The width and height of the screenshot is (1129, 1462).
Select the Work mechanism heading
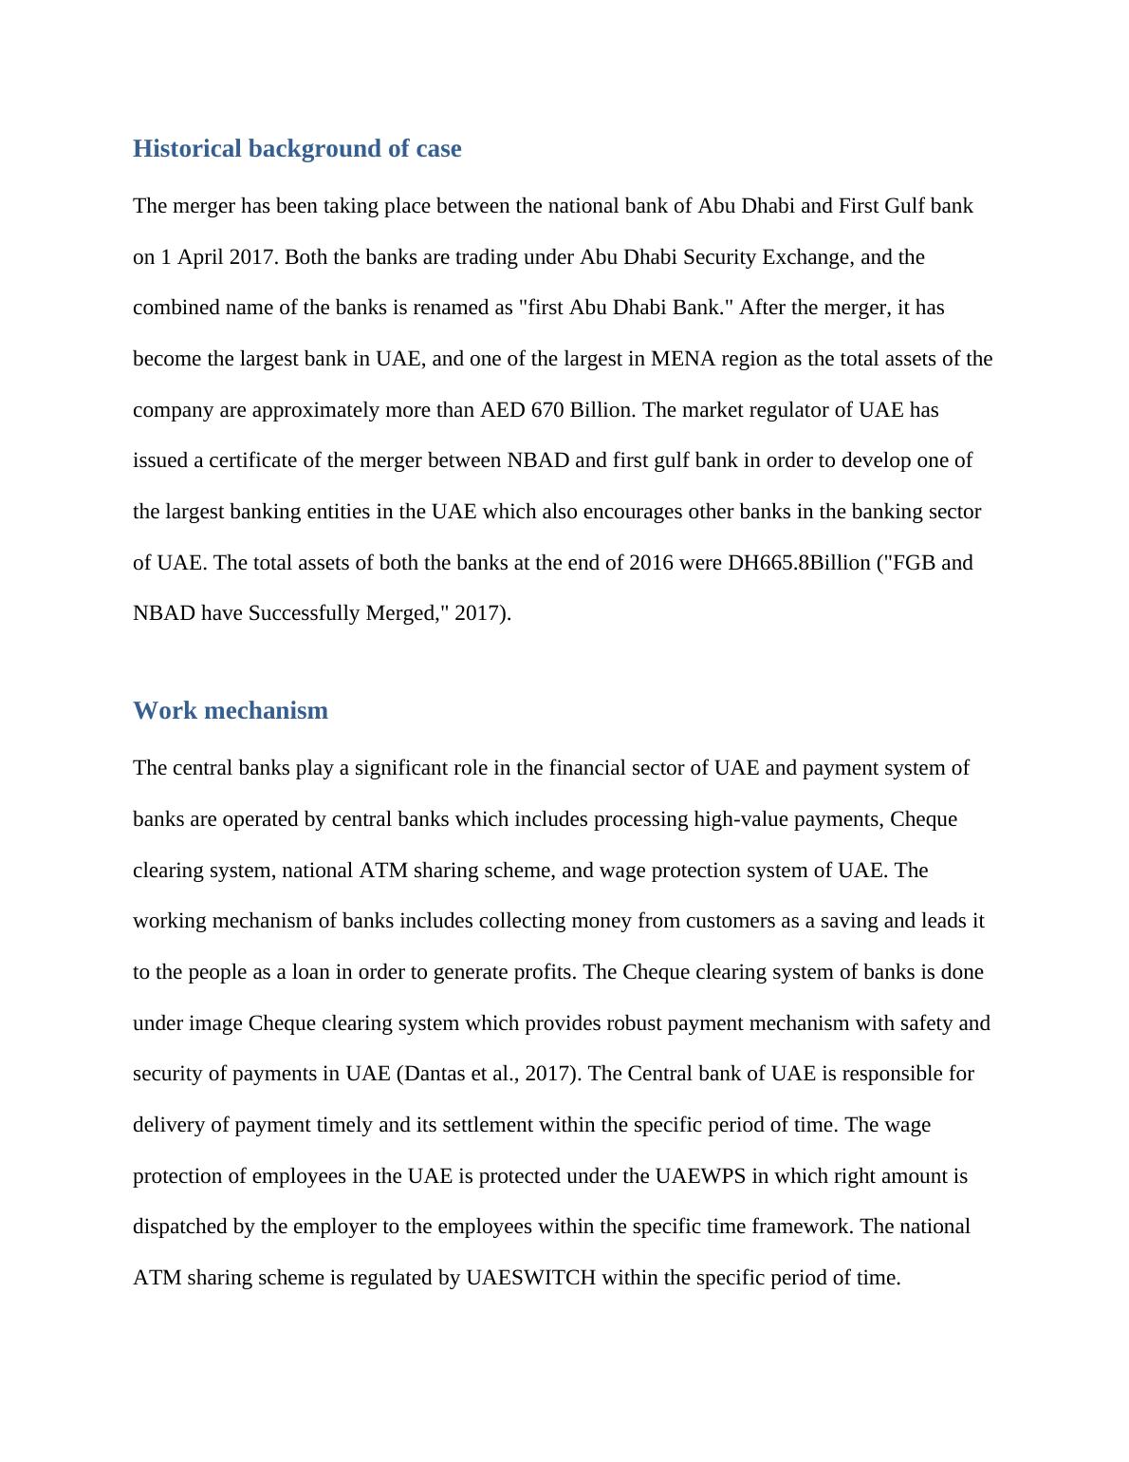[231, 711]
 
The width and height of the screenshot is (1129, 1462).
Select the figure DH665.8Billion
[799, 563]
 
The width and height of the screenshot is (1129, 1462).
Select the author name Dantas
[433, 1074]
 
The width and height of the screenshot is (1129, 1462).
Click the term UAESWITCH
[530, 1278]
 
